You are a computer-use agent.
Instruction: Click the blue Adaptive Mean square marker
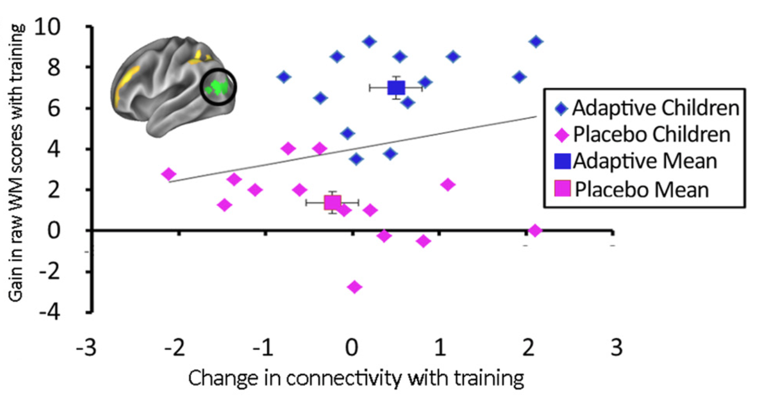[x=396, y=87]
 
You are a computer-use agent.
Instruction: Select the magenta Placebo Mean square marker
[x=332, y=202]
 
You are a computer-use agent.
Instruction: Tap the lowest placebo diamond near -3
[x=355, y=286]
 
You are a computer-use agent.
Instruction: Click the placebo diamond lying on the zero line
[x=535, y=230]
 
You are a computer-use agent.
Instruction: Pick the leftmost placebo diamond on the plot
[x=168, y=174]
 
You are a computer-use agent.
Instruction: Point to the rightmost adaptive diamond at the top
[x=536, y=42]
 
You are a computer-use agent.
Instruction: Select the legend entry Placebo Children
[x=644, y=134]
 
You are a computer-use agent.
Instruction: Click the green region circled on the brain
[x=219, y=87]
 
